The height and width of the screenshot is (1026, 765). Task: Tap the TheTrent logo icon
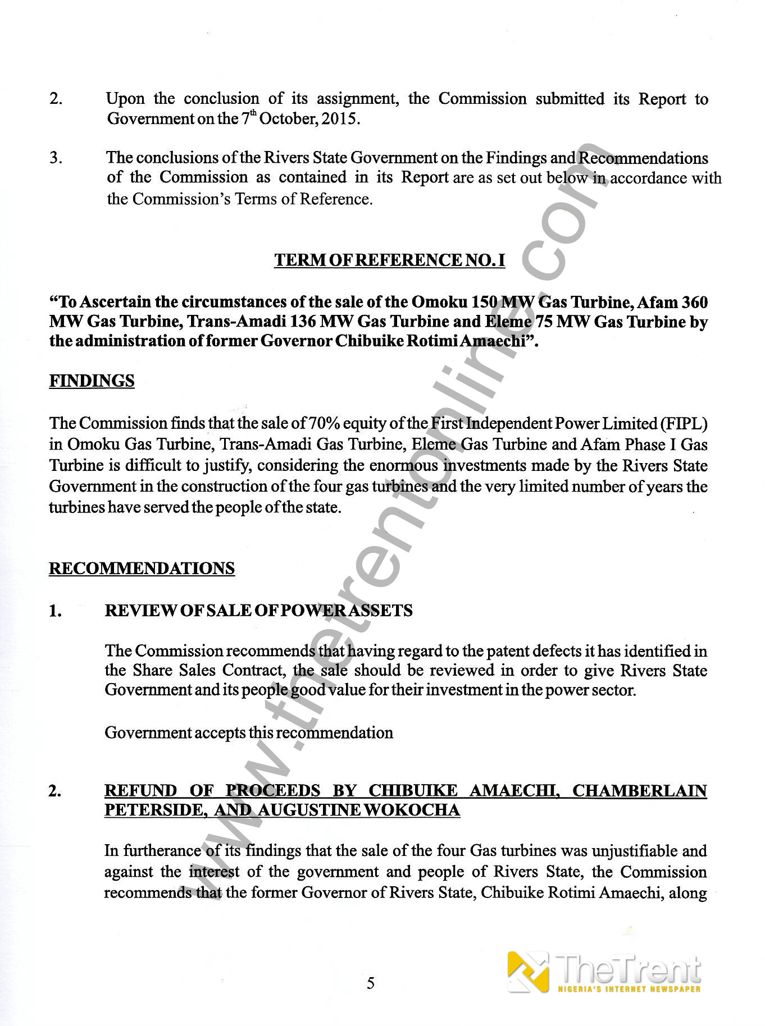[x=528, y=971]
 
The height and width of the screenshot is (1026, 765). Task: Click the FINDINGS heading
[x=92, y=381]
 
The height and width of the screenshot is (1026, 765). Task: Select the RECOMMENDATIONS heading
[x=142, y=568]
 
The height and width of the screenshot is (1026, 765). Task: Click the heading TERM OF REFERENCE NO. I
[x=389, y=260]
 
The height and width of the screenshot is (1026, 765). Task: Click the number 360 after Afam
[x=694, y=302]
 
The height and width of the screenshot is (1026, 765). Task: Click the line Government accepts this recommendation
[x=249, y=732]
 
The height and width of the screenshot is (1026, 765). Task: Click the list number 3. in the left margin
[x=56, y=158]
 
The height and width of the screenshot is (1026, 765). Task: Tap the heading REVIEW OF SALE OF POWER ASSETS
[x=258, y=611]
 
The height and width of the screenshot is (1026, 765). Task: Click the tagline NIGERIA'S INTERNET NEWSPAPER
[x=629, y=989]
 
